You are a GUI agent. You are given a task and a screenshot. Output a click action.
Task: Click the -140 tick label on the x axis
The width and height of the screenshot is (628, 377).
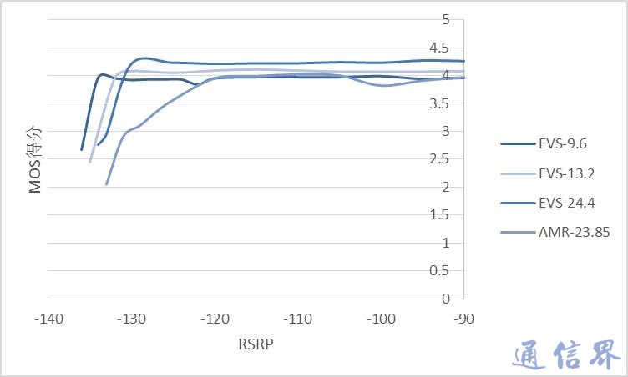tap(48, 319)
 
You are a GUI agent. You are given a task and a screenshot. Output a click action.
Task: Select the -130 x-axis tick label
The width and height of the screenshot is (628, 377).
tap(131, 319)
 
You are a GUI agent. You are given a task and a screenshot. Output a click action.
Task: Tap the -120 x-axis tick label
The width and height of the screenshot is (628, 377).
tap(215, 319)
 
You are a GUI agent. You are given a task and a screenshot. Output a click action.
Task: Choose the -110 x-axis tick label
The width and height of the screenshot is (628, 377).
tap(297, 319)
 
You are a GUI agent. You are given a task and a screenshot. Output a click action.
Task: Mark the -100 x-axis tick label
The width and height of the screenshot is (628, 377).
tap(381, 319)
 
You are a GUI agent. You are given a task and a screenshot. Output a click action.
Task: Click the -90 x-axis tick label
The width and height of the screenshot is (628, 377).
tap(463, 319)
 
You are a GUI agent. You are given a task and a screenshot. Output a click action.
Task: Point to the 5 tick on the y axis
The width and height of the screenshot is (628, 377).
tap(445, 19)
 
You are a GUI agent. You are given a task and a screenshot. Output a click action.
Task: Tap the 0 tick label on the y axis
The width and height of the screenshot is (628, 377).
tap(445, 299)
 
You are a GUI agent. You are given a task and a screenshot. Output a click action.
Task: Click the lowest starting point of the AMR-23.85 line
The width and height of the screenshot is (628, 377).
tap(106, 184)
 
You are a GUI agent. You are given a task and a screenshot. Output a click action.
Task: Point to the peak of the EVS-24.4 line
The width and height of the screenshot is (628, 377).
tap(145, 58)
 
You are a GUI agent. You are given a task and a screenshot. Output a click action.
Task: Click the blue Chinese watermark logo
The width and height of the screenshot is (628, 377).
tap(565, 354)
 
